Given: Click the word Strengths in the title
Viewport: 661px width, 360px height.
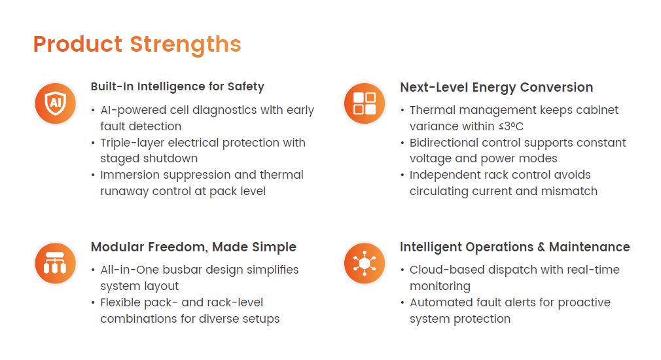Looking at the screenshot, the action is click(185, 45).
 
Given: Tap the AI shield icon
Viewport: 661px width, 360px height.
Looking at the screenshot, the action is click(55, 103).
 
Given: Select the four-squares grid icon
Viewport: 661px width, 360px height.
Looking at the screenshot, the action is click(365, 103).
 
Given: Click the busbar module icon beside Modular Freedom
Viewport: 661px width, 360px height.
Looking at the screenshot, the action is click(55, 264).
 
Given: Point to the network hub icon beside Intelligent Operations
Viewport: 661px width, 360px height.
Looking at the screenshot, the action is click(365, 264).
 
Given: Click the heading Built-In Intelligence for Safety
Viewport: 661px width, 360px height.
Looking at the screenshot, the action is click(177, 86).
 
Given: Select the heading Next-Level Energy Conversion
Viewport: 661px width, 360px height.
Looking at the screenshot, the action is click(497, 87).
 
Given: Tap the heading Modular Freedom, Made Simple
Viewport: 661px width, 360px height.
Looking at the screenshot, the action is click(194, 247).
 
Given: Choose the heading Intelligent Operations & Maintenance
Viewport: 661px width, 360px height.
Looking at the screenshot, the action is click(514, 247).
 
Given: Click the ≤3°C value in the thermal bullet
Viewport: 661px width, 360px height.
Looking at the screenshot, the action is click(511, 126).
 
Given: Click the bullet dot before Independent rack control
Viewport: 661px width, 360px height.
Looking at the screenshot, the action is click(402, 175).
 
